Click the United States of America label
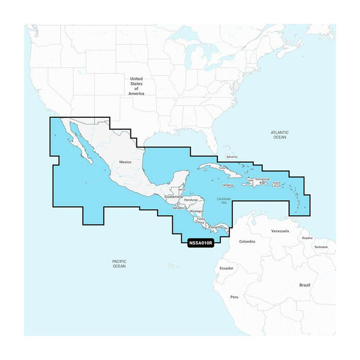136,86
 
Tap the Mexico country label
125,161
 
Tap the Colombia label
246,242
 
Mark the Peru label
233,295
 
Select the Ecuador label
226,268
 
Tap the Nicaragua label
196,211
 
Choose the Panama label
216,227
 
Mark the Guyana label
307,237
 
